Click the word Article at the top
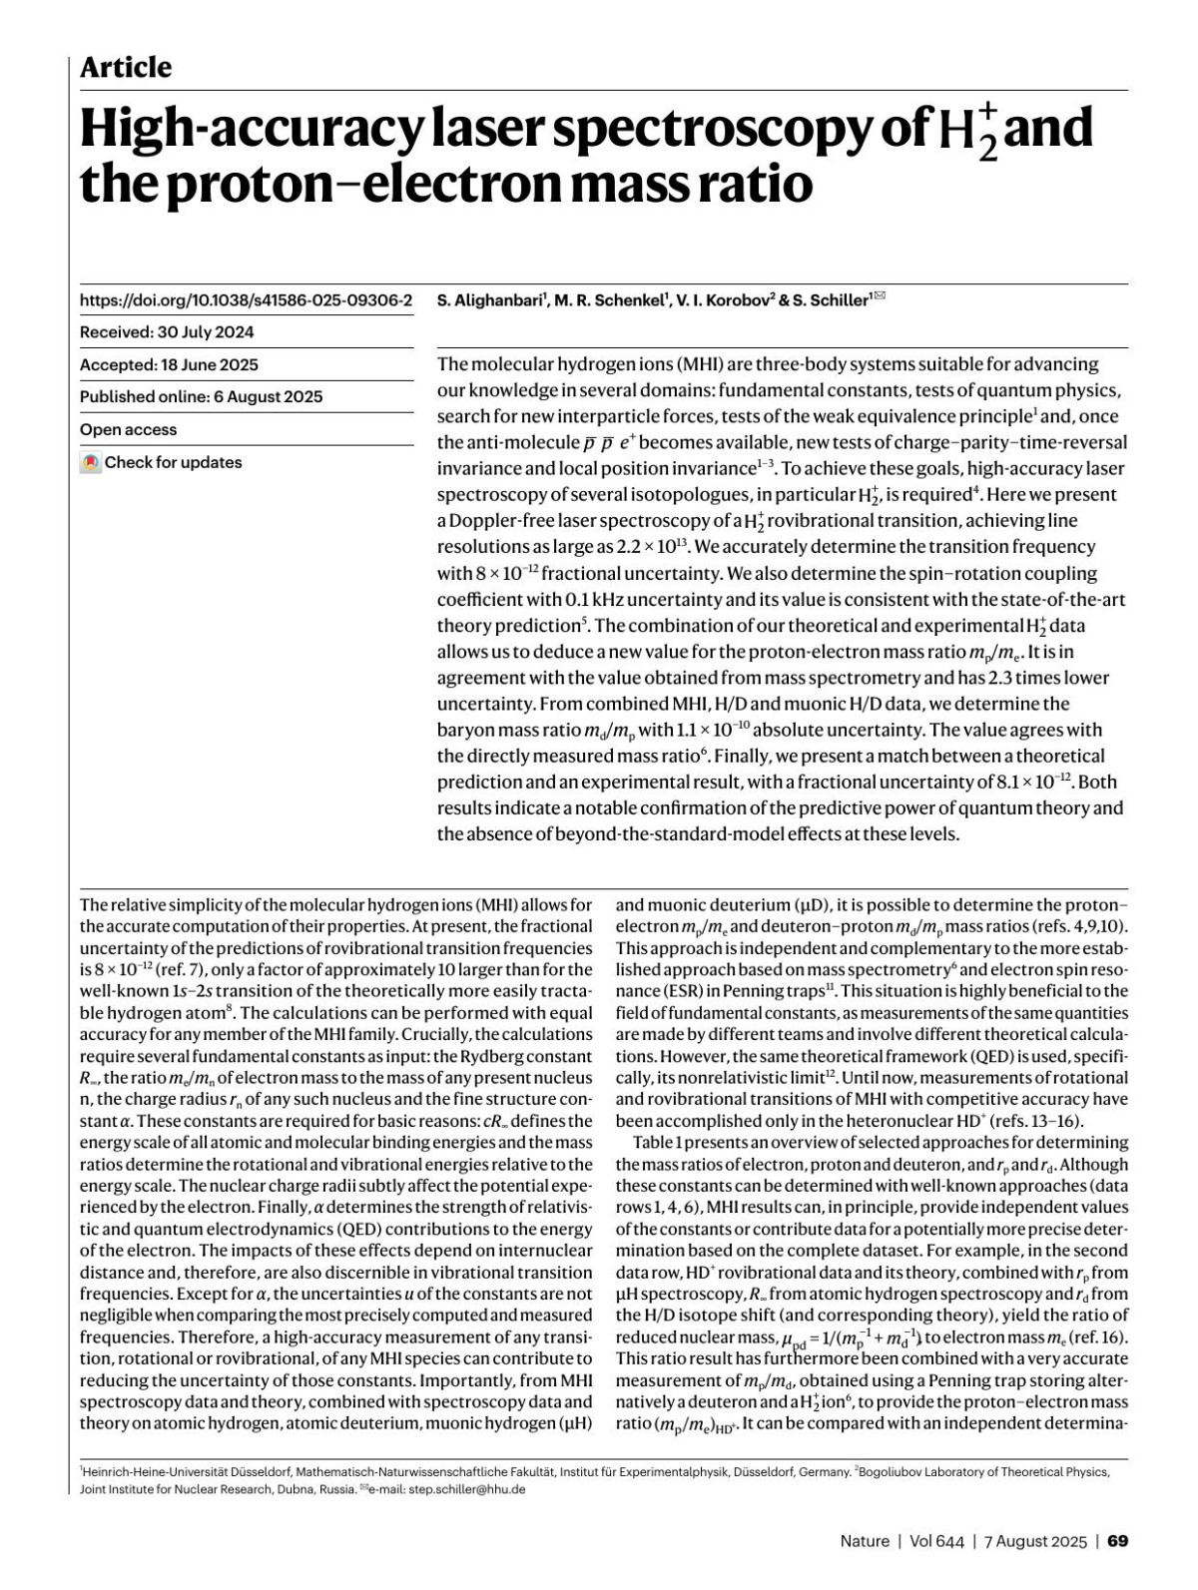click(x=126, y=67)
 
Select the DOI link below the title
click(x=246, y=299)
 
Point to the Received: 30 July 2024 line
click(x=167, y=332)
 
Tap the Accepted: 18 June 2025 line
click(x=169, y=364)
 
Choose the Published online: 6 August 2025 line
click(x=201, y=396)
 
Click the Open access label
click(x=128, y=429)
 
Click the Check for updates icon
click(x=91, y=463)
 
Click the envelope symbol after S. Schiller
click(x=880, y=295)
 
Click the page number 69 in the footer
click(x=1118, y=1540)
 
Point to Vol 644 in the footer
click(x=936, y=1540)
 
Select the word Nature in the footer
click(x=865, y=1540)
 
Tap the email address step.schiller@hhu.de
click(x=467, y=1489)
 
